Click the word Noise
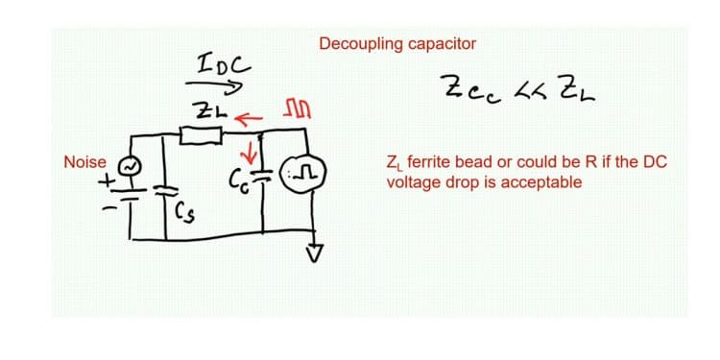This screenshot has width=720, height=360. click(x=84, y=162)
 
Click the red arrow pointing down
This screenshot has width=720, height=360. click(x=253, y=152)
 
